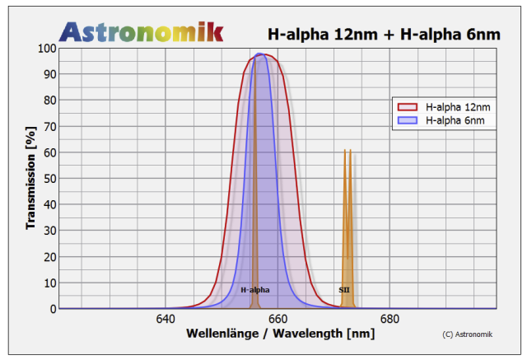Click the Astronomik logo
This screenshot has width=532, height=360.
pos(141,31)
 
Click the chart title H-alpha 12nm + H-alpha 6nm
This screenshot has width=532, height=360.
pos(384,34)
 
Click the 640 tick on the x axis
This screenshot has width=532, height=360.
pos(165,319)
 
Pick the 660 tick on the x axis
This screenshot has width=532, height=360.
pos(277,319)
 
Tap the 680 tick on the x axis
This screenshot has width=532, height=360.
pos(389,319)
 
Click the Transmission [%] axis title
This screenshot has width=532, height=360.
pos(30,178)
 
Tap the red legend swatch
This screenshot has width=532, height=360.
pos(408,107)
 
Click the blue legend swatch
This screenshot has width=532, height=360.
pos(408,120)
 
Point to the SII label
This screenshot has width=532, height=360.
pos(344,290)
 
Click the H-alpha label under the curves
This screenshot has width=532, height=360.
pos(254,290)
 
